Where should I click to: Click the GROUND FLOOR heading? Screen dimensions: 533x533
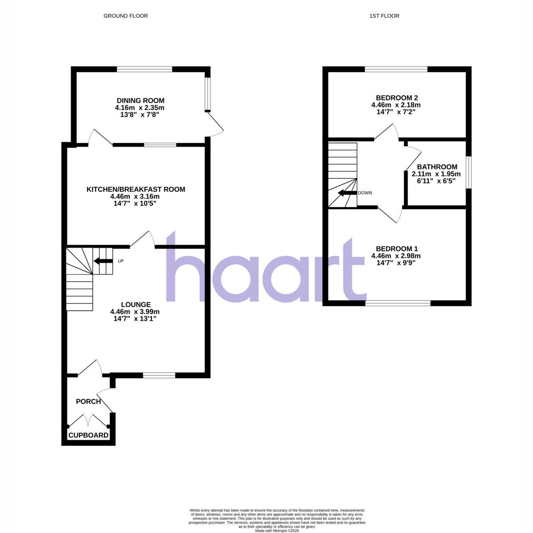coord(126,16)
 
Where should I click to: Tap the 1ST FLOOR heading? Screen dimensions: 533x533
coord(384,16)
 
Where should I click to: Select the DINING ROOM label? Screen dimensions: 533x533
coord(140,100)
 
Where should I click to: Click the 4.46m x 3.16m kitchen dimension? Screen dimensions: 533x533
coord(135,197)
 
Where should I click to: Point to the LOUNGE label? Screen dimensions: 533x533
coord(136,305)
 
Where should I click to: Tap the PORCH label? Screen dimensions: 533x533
coord(88,402)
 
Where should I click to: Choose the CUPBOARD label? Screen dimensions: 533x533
coord(88,435)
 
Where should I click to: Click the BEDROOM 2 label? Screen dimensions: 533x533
coord(397,98)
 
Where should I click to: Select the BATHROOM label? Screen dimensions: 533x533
coord(437,167)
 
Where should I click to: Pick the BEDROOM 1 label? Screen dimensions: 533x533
coord(397,248)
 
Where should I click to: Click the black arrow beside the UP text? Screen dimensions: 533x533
coord(103,261)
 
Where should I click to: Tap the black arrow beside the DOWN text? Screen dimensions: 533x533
coord(347,193)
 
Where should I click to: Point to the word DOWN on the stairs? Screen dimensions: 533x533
coord(365,193)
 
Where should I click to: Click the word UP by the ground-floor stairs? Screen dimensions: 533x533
coord(121,261)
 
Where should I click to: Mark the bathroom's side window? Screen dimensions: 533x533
coord(469,173)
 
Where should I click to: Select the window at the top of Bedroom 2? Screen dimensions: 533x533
coord(396,69)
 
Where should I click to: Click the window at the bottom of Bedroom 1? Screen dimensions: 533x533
coord(398,303)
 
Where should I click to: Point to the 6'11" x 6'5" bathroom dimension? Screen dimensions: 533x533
coord(436,181)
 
